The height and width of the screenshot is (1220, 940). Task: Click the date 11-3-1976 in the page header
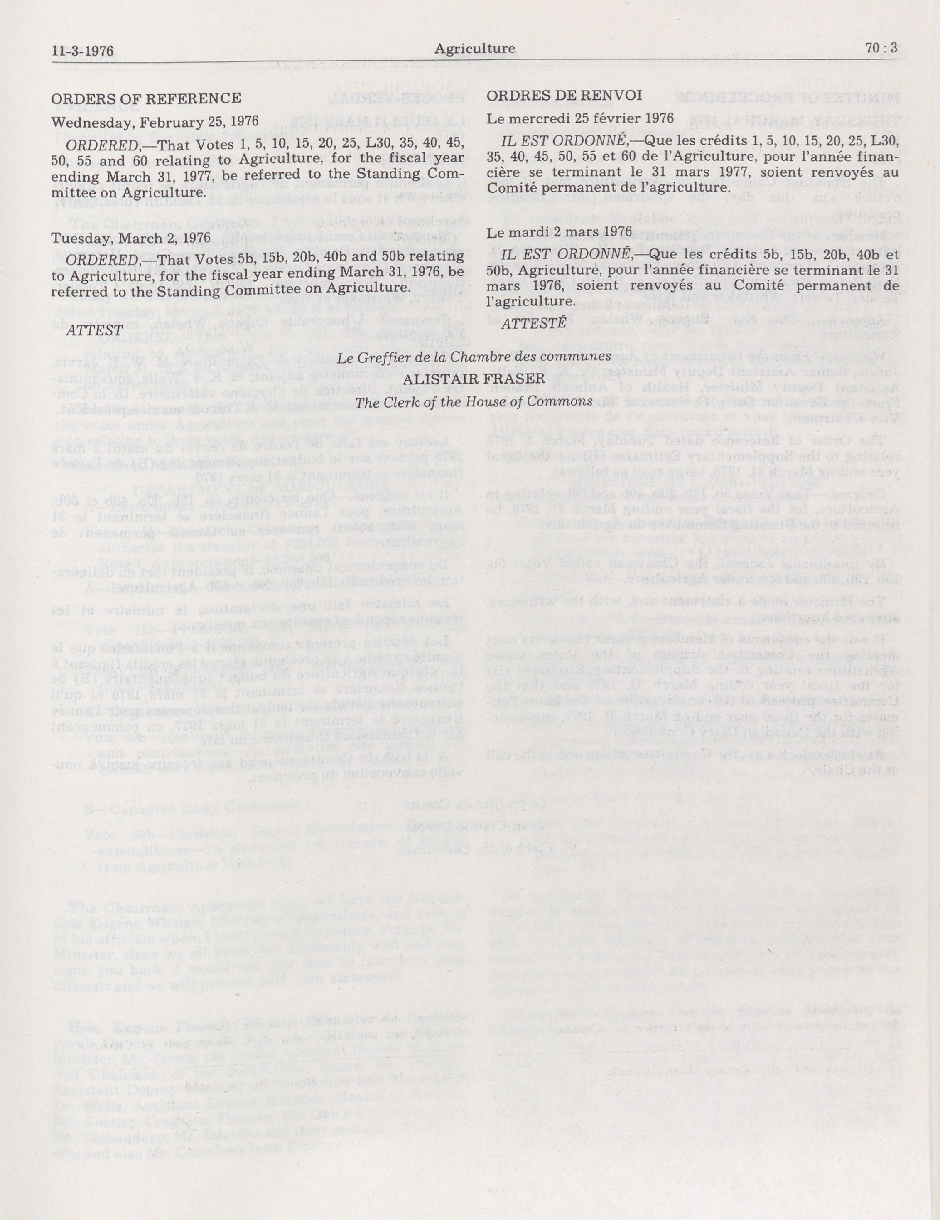[82, 52]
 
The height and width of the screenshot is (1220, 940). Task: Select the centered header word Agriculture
[475, 49]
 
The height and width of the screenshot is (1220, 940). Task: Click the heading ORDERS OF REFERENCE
[146, 99]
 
